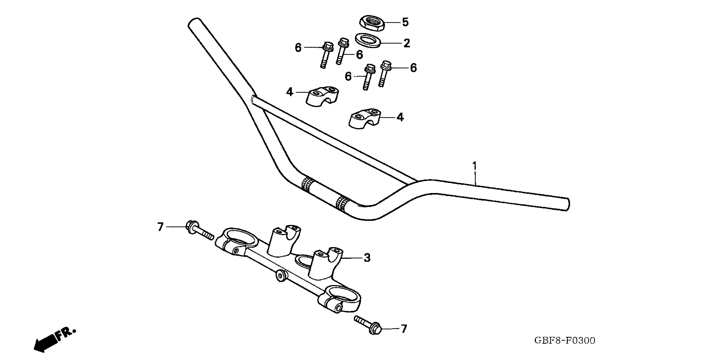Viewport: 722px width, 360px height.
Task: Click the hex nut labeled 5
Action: (x=372, y=24)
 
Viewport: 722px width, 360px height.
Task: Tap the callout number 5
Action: (x=405, y=22)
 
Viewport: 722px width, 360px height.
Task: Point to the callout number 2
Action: (x=407, y=43)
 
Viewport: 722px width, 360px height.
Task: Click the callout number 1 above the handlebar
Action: (x=474, y=166)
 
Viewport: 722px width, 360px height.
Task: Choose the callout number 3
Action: (x=367, y=258)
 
